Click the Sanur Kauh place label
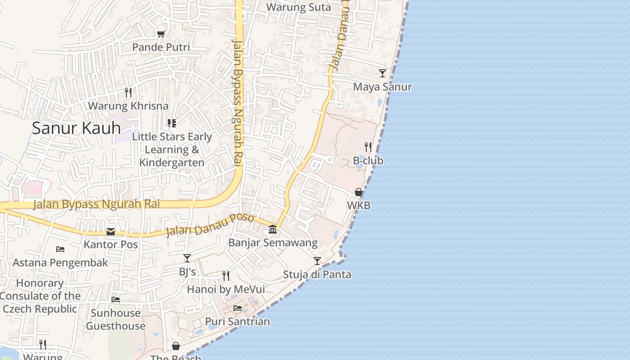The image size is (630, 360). (x=76, y=128)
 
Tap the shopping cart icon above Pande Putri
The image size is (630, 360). (x=161, y=34)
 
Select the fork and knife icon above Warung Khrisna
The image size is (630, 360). (x=128, y=93)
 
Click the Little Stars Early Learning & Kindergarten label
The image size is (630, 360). (x=172, y=149)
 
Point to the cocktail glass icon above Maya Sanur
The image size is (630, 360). (x=382, y=73)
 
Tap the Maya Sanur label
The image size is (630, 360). (x=382, y=87)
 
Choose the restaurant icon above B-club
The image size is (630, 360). (x=368, y=147)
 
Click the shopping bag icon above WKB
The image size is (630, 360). (x=359, y=193)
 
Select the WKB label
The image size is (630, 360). (x=359, y=206)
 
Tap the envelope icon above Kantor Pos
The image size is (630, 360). (x=111, y=232)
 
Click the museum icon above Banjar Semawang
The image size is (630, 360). (x=273, y=229)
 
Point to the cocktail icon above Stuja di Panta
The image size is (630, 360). (x=317, y=261)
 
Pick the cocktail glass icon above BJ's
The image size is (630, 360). (x=187, y=258)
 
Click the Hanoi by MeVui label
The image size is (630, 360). (x=226, y=289)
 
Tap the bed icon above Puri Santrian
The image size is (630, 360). (x=238, y=308)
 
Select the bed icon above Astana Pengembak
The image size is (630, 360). (x=60, y=249)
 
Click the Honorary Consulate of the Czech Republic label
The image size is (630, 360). (x=40, y=296)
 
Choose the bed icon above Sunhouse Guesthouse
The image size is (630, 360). (x=116, y=300)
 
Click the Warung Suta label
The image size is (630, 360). (x=298, y=7)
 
